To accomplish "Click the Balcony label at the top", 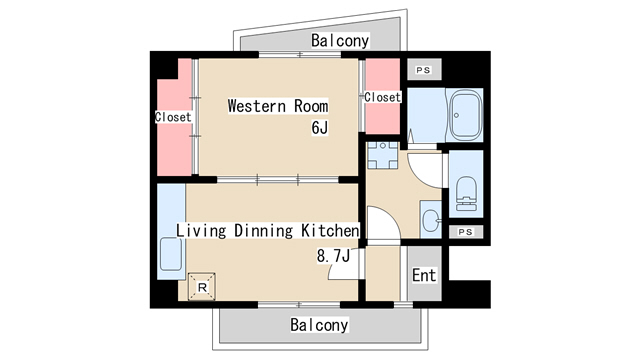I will (339, 41).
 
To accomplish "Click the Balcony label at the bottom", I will (319, 325).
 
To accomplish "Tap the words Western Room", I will (277, 105).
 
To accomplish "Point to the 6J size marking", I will (319, 127).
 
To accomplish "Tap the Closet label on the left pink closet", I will (173, 117).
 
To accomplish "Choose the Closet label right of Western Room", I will (382, 97).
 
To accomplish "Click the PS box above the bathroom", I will (423, 70).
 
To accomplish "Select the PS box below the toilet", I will (464, 232).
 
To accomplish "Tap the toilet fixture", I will (466, 191).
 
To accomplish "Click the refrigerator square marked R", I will (203, 288).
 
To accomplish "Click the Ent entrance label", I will (424, 275).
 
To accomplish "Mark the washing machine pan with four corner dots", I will (381, 156).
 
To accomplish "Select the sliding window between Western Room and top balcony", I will (279, 55).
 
